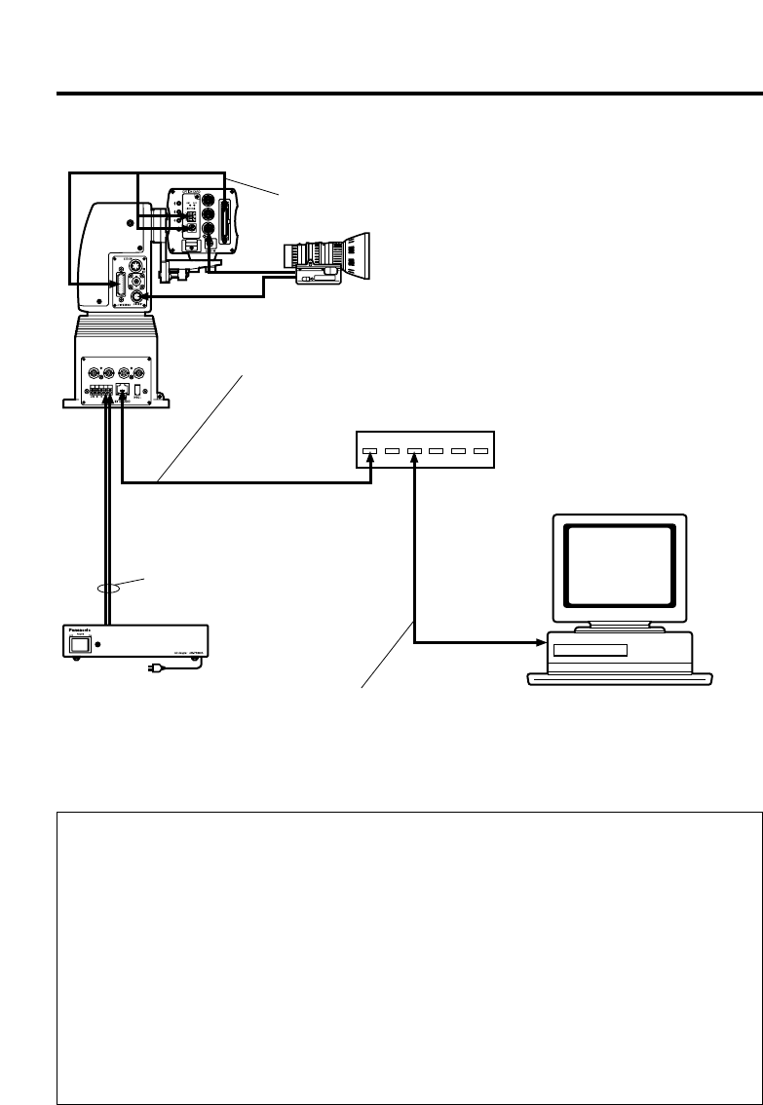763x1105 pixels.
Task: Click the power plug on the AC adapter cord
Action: pos(154,668)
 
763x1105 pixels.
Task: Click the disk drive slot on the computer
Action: pos(588,650)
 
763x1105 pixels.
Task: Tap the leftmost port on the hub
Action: pos(369,451)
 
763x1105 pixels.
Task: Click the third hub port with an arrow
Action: pos(415,451)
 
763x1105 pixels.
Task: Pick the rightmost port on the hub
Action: pos(480,451)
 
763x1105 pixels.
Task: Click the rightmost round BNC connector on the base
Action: pos(142,371)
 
